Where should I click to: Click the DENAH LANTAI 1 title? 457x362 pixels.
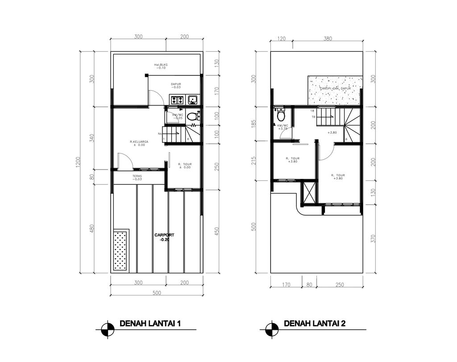(150, 324)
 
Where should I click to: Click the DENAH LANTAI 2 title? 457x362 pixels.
(315, 324)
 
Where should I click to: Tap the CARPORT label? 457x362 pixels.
(164, 235)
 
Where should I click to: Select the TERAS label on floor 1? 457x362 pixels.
(137, 176)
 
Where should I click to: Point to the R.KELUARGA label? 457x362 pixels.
(139, 142)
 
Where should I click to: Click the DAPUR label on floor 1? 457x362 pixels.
(176, 84)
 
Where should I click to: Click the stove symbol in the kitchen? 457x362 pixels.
(176, 100)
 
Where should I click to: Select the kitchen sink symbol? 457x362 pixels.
(193, 99)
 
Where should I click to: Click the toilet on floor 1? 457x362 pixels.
(192, 117)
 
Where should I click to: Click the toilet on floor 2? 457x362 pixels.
(281, 116)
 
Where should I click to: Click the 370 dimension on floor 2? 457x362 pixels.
(373, 240)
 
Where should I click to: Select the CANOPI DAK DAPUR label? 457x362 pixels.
(335, 88)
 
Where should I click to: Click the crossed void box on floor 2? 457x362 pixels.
(309, 191)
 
